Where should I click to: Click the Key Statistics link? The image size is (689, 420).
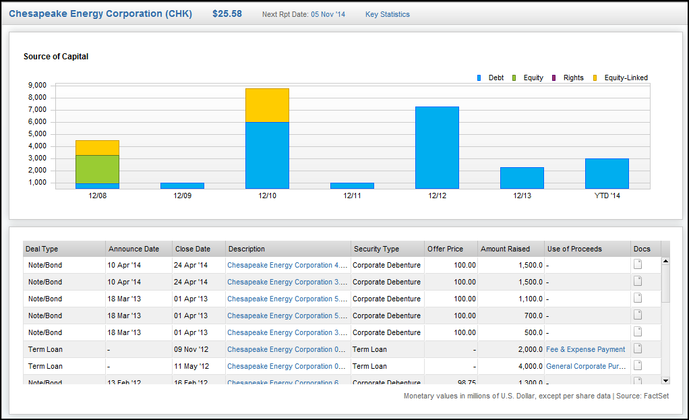tap(387, 14)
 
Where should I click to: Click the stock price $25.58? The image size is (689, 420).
tap(227, 13)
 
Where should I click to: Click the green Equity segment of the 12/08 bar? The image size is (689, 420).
tap(97, 169)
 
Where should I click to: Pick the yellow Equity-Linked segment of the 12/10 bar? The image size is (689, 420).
tap(267, 105)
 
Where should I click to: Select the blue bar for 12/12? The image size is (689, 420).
tap(437, 147)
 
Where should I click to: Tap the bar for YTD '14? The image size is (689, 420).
tap(607, 173)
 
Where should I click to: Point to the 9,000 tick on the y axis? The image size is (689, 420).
tap(37, 86)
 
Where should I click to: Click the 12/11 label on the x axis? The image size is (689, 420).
tap(352, 196)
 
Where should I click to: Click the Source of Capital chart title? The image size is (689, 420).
tap(56, 57)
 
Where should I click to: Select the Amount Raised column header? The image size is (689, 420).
tap(505, 249)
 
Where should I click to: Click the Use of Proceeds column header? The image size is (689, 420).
tap(574, 249)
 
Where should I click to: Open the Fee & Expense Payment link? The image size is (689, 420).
tap(585, 349)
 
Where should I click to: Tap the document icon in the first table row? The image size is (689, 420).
tap(638, 264)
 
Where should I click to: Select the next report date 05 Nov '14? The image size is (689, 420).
tap(328, 14)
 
